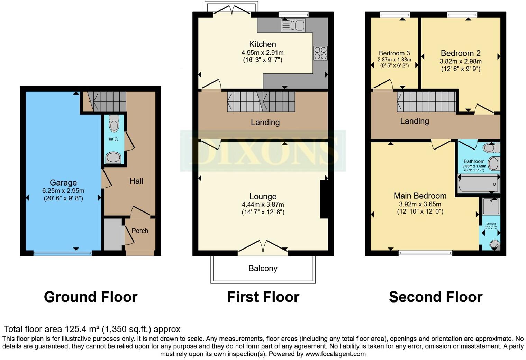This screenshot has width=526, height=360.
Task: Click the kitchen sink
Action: coord(293,26)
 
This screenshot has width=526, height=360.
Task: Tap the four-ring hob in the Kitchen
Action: coord(320,53)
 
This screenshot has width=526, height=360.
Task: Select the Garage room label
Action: coord(63,182)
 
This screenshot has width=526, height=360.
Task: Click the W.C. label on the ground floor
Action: coord(114,139)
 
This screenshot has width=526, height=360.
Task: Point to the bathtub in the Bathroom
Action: coord(478,184)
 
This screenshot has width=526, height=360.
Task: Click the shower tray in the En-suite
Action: coord(491,207)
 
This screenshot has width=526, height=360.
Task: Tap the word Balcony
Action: coord(263,268)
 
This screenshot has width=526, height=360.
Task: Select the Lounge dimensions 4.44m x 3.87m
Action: coord(263,205)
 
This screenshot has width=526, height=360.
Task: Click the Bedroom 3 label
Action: coord(394,53)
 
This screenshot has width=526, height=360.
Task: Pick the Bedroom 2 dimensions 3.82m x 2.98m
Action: coord(461,61)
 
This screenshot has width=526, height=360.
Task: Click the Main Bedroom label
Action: coord(420,196)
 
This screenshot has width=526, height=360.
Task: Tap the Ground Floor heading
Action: coord(91,297)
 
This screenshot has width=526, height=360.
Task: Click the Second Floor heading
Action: coord(435,297)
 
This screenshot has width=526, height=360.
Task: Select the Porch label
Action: coord(140,231)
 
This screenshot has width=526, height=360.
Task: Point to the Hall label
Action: coord(136,181)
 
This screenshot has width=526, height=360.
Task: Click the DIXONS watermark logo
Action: coord(263,151)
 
